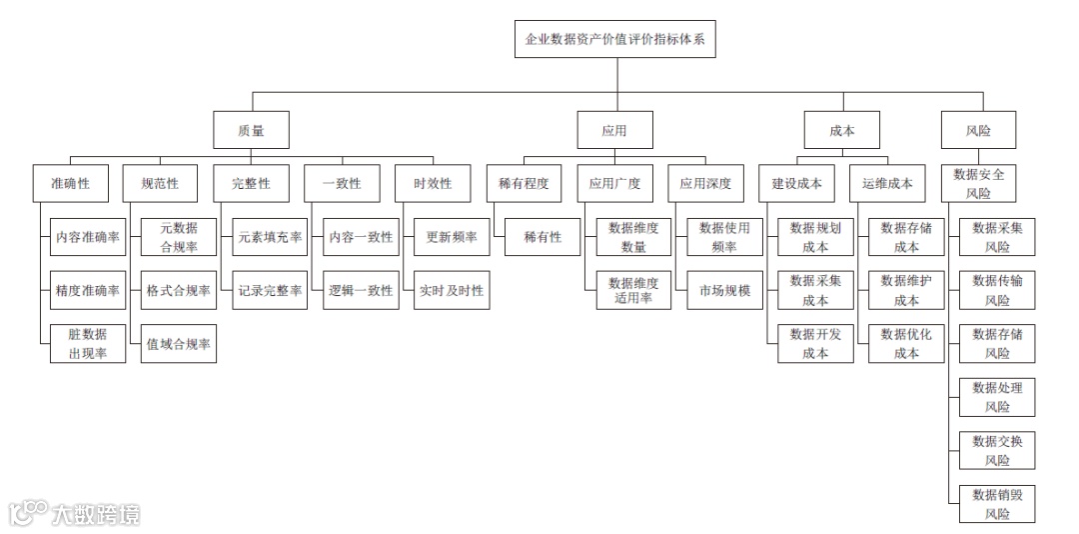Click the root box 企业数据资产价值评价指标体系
click(x=614, y=40)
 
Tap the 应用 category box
click(x=613, y=130)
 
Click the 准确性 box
click(x=70, y=184)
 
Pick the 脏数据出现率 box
click(x=88, y=344)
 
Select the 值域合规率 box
click(x=179, y=344)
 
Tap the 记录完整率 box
click(x=270, y=291)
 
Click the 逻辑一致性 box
click(x=361, y=291)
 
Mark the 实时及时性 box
click(x=452, y=291)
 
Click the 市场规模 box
click(x=724, y=291)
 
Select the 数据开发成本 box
click(x=815, y=344)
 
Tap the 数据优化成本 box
click(x=906, y=344)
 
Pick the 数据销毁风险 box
click(x=997, y=504)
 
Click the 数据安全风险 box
click(x=978, y=184)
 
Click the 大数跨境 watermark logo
click(x=75, y=513)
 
